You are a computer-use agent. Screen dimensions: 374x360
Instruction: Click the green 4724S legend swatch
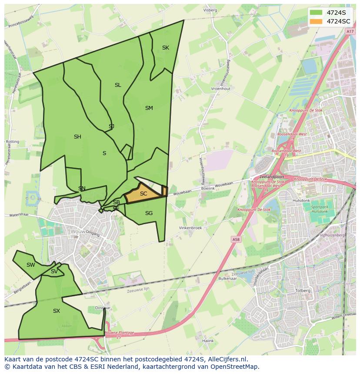tap(316, 13)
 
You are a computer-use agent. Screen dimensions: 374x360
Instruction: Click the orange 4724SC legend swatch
tap(316, 21)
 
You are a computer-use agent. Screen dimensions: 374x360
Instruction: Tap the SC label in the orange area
tap(143, 194)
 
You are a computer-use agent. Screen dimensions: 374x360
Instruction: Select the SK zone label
tap(166, 48)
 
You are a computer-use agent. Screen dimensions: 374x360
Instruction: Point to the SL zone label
tap(118, 85)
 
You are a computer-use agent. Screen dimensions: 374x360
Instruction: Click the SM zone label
tap(149, 108)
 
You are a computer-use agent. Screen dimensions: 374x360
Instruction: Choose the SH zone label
tap(77, 137)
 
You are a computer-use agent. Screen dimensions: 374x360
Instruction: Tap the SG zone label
tap(149, 213)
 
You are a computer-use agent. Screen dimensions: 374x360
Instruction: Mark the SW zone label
tap(30, 265)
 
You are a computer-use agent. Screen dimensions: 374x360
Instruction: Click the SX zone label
tap(57, 311)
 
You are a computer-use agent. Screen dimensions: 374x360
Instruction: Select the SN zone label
tap(82, 189)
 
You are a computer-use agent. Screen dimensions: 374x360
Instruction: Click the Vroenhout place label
tap(220, 89)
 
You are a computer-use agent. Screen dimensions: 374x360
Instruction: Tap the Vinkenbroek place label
tap(190, 228)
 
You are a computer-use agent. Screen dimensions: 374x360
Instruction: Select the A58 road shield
tap(236, 239)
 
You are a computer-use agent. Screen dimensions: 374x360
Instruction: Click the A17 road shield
tap(350, 32)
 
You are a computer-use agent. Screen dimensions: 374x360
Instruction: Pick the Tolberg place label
tap(303, 291)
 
